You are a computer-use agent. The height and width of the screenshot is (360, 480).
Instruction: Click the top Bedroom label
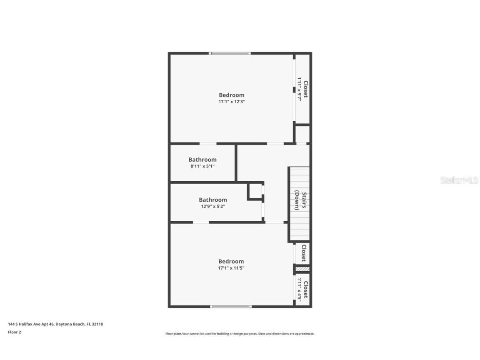pyautogui.click(x=231, y=95)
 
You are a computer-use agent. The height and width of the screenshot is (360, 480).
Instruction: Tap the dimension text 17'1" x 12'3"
pyautogui.click(x=231, y=102)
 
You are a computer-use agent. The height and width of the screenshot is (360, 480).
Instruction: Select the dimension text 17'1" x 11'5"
pyautogui.click(x=231, y=268)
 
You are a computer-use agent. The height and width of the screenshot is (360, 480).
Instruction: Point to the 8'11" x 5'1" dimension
pyautogui.click(x=202, y=166)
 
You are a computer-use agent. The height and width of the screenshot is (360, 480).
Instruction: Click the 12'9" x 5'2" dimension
pyautogui.click(x=212, y=206)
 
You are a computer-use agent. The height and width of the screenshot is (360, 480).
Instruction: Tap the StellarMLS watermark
pyautogui.click(x=459, y=180)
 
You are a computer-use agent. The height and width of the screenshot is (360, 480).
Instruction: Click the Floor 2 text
pyautogui.click(x=14, y=332)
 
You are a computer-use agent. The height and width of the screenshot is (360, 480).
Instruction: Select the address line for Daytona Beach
pyautogui.click(x=55, y=324)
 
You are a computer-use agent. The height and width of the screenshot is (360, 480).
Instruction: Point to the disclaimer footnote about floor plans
pyautogui.click(x=240, y=334)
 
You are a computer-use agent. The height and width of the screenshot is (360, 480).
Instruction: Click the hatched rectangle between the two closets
pyautogui.click(x=302, y=269)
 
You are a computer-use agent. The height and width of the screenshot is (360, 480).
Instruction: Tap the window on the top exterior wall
pyautogui.click(x=230, y=53)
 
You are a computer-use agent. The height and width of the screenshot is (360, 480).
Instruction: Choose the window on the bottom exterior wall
pyautogui.click(x=231, y=307)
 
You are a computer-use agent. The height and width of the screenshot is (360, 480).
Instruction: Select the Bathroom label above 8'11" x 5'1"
pyautogui.click(x=202, y=160)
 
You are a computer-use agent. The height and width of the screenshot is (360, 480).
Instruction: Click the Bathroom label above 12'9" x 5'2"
pyautogui.click(x=212, y=200)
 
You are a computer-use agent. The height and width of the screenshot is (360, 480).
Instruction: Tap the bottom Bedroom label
pyautogui.click(x=231, y=262)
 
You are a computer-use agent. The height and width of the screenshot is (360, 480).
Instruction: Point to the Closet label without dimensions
pyautogui.click(x=304, y=253)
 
